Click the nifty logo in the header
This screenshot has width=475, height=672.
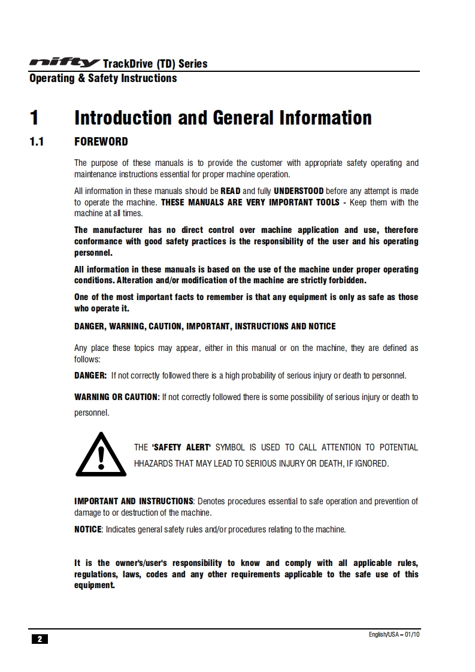click(x=65, y=63)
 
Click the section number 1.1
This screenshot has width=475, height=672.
click(x=37, y=143)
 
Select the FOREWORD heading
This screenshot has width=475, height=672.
click(x=101, y=143)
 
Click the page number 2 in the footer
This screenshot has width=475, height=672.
click(x=40, y=639)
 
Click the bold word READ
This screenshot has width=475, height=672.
click(x=231, y=191)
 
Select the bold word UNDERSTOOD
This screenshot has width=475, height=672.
click(x=298, y=191)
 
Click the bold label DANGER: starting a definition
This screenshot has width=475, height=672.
click(x=90, y=376)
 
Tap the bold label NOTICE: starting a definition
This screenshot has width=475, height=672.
click(x=88, y=529)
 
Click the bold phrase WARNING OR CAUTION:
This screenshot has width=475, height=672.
click(x=117, y=397)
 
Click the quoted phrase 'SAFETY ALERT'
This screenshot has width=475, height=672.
click(x=181, y=447)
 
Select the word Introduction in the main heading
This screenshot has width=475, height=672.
click(x=123, y=117)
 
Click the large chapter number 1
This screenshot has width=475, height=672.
click(x=35, y=117)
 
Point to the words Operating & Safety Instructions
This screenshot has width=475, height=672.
click(x=103, y=78)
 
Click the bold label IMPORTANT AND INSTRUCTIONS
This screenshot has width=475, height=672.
click(x=134, y=501)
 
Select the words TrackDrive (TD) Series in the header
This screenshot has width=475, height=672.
click(x=155, y=63)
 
